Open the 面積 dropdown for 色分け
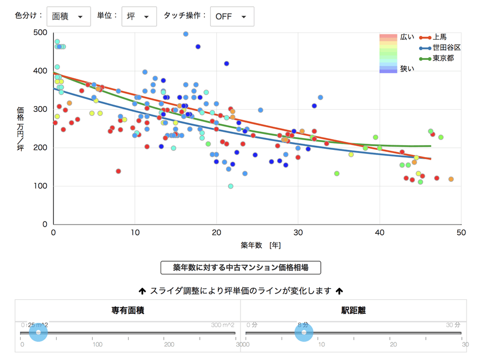(x=68, y=16)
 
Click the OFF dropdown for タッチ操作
(x=232, y=16)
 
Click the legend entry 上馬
(x=439, y=37)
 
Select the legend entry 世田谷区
(x=446, y=47)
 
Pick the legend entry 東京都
(x=443, y=58)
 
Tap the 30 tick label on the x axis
(x=298, y=233)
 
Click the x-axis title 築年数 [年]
(x=260, y=245)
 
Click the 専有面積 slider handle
(x=38, y=333)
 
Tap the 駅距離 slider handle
(x=304, y=333)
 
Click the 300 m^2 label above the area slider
(x=222, y=325)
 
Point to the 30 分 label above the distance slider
(x=453, y=325)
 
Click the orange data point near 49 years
(x=451, y=179)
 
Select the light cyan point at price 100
(x=231, y=186)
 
